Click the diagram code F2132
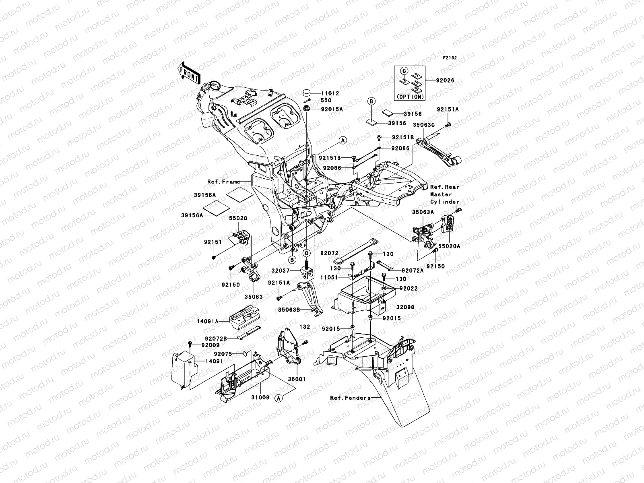[x=450, y=58]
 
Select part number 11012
[x=330, y=93]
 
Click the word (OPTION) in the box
[x=409, y=97]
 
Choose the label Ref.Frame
[x=224, y=182]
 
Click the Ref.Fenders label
[x=350, y=398]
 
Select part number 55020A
[x=449, y=247]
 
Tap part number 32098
[x=405, y=307]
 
